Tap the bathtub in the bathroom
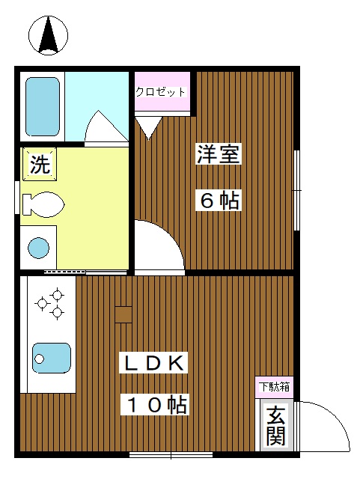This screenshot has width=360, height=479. pyautogui.click(x=43, y=107)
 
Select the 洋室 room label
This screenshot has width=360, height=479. pyautogui.click(x=219, y=154)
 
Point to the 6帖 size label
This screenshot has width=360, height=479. pyautogui.click(x=219, y=200)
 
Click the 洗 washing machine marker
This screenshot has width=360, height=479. pyautogui.click(x=39, y=165)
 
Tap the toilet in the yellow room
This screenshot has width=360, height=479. pyautogui.click(x=45, y=203)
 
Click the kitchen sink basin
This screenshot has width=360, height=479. pyautogui.click(x=51, y=358)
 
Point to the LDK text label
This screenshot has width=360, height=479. pyautogui.click(x=154, y=363)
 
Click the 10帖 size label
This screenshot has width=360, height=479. pyautogui.click(x=155, y=405)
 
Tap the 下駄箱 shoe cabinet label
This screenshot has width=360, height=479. pyautogui.click(x=275, y=387)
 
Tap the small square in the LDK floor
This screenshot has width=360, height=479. pyautogui.click(x=123, y=314)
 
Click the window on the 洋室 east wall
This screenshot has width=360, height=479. pyautogui.click(x=296, y=191)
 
